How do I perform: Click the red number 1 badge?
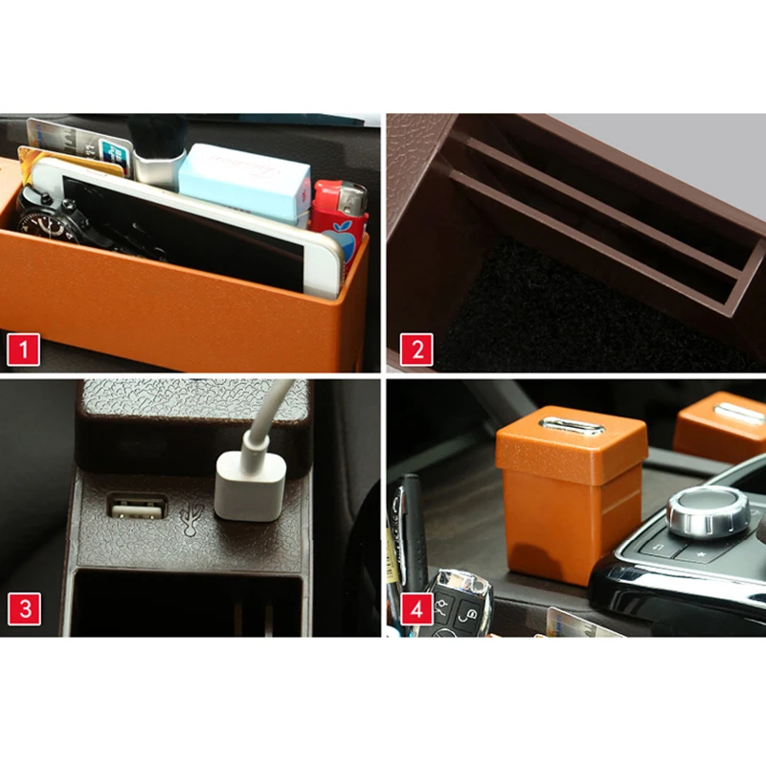tap(24, 349)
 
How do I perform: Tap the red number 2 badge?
tap(417, 349)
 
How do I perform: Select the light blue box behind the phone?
tap(244, 182)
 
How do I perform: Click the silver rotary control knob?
tap(708, 513)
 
